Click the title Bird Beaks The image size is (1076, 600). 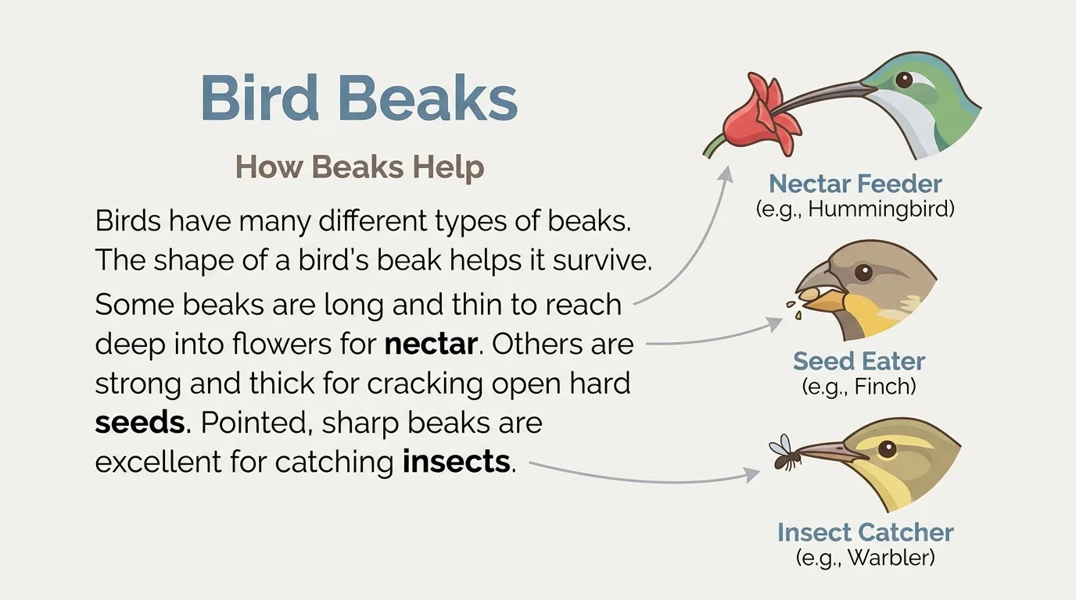tap(359, 98)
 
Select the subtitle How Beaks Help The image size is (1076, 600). tap(360, 167)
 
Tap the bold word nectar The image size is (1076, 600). tap(431, 344)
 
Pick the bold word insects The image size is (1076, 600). tap(456, 462)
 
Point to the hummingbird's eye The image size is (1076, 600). tap(905, 79)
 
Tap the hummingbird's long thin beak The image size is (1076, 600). tap(829, 97)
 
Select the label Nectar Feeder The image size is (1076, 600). tap(855, 184)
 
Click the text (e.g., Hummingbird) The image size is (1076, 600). tap(855, 209)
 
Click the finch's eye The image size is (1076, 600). tap(863, 273)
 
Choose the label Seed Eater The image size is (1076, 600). tap(859, 361)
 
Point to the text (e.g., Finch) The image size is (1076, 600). tap(859, 386)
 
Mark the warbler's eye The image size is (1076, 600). tap(886, 448)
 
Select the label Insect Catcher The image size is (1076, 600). tap(865, 533)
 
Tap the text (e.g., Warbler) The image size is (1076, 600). tap(865, 558)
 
